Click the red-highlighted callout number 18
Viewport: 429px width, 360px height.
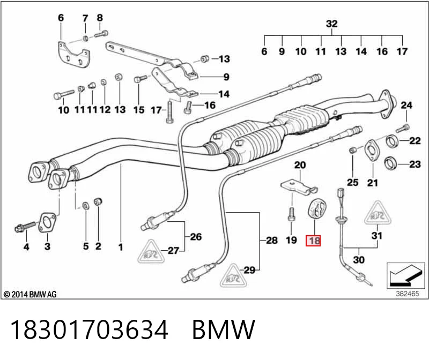tap(313, 241)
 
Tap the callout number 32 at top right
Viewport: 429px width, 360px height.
tap(331, 24)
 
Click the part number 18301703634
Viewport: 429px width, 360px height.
tap(88, 329)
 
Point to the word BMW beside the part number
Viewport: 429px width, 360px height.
tap(224, 329)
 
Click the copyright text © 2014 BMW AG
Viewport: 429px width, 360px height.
tap(30, 294)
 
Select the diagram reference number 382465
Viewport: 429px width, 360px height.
tap(408, 294)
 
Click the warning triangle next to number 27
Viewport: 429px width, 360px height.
tap(151, 251)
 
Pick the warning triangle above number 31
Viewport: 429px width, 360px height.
tap(378, 213)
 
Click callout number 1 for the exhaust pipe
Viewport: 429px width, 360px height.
tap(120, 247)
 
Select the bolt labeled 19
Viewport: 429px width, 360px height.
tap(291, 214)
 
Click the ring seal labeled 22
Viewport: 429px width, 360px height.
tap(392, 141)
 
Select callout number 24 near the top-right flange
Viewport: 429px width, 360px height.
tap(406, 105)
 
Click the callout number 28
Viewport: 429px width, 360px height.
tap(272, 241)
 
